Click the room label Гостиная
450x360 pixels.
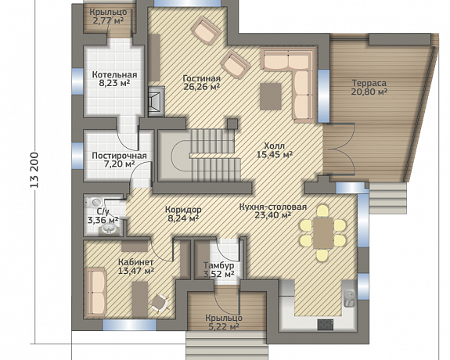202,78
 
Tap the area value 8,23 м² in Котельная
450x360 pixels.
114,84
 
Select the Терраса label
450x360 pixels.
369,83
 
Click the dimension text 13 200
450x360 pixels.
34,170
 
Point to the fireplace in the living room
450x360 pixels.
157,101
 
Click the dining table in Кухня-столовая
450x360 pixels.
323,232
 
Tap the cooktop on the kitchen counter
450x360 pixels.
326,325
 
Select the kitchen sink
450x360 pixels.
350,298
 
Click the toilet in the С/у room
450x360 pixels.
94,202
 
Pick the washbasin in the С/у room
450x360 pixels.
109,229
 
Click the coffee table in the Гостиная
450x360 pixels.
271,96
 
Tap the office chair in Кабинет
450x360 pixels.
160,303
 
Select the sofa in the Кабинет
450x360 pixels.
96,292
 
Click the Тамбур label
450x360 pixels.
218,265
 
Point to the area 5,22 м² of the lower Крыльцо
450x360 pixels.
224,326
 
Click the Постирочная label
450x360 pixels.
119,156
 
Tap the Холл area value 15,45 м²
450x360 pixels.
275,155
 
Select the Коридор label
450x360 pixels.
183,210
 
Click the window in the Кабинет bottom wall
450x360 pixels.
129,325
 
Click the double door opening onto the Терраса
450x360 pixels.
339,149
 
